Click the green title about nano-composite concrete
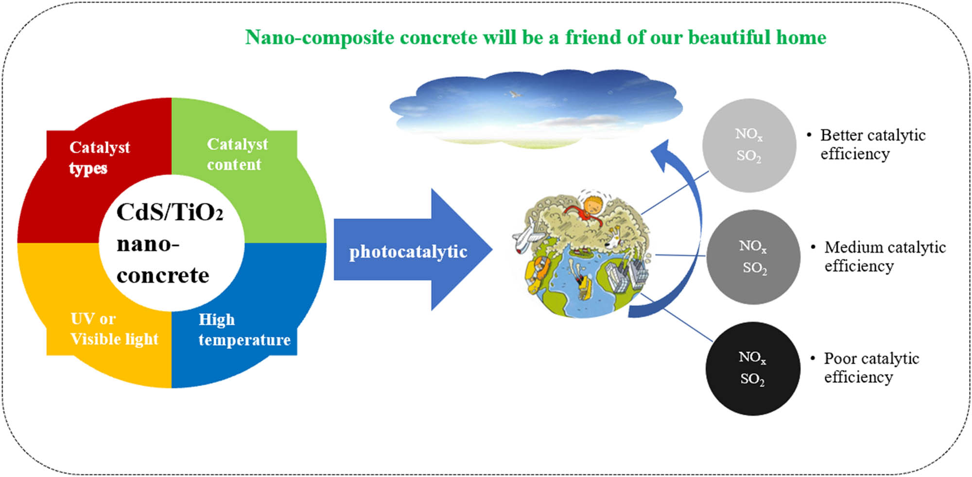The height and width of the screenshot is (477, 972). [x=536, y=37]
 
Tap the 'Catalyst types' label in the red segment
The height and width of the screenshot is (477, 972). [x=100, y=158]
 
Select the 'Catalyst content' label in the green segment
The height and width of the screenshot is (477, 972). [x=237, y=154]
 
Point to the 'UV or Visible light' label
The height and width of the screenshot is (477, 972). [x=114, y=329]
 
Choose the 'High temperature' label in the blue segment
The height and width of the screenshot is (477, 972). [x=244, y=330]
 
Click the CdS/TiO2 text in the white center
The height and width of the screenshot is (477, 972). [x=170, y=212]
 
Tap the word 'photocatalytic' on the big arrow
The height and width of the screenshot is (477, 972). [x=408, y=251]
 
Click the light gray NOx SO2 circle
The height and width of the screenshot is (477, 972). [x=749, y=145]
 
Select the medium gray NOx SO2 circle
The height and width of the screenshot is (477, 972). [x=753, y=257]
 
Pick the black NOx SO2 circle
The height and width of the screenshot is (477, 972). [x=753, y=368]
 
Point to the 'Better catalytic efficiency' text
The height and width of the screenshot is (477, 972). [x=873, y=144]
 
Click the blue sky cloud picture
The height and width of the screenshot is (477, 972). [x=536, y=108]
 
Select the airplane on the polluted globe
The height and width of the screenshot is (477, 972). [x=528, y=235]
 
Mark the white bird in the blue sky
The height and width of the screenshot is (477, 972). [x=515, y=94]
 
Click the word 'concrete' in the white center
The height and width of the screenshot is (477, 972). [x=163, y=276]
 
